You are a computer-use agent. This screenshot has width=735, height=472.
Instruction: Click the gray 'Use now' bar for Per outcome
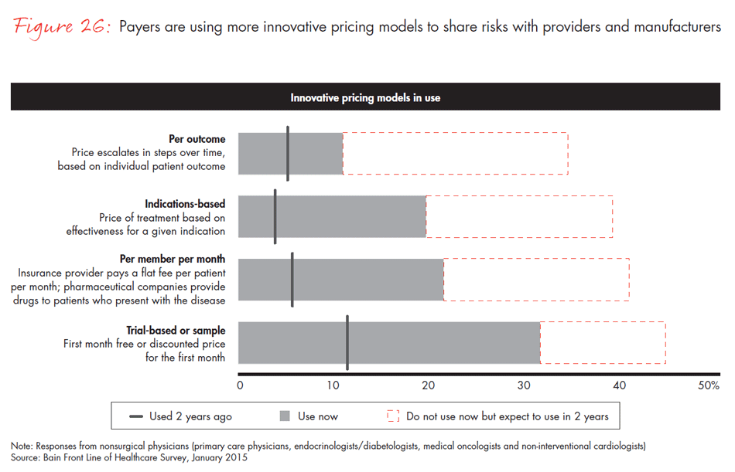pos(290,153)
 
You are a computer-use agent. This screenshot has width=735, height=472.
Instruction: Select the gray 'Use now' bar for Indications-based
pos(332,216)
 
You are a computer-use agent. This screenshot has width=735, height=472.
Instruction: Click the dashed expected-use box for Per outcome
pos(455,153)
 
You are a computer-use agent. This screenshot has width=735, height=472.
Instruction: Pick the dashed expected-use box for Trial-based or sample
pos(602,342)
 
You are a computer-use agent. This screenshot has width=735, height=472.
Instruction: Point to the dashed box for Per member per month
pos(535,279)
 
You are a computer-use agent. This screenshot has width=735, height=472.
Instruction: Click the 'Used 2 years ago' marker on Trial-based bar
pos(347,342)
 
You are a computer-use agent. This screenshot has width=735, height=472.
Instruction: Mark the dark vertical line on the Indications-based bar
pos(275,216)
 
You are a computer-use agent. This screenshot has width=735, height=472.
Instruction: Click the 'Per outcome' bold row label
pos(197,139)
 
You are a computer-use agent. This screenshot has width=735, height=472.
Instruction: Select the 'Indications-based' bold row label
pos(185,204)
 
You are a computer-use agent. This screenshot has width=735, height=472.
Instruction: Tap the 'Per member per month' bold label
pos(173,259)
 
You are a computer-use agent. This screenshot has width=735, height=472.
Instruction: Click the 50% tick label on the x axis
pos(709,385)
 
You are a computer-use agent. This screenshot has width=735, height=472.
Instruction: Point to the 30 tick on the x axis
pos(524,385)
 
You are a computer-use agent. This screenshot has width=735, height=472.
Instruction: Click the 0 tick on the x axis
pos(240,385)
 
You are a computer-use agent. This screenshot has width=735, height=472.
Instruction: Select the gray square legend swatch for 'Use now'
pos(285,416)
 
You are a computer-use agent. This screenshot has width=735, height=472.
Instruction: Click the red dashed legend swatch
pos(392,416)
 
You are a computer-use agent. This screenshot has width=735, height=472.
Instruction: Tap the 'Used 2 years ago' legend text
pos(190,416)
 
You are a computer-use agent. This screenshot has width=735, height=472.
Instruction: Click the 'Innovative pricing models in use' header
pos(365,98)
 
